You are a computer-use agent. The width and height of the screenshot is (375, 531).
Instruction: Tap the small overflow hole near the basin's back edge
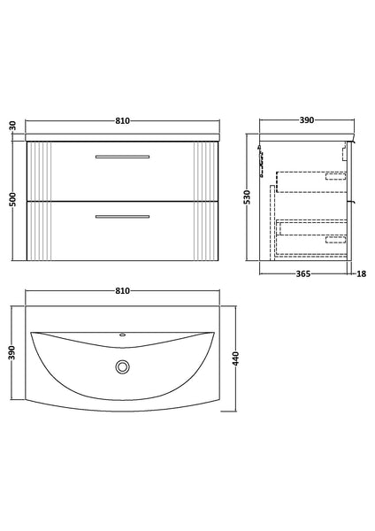coord(123,336)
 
